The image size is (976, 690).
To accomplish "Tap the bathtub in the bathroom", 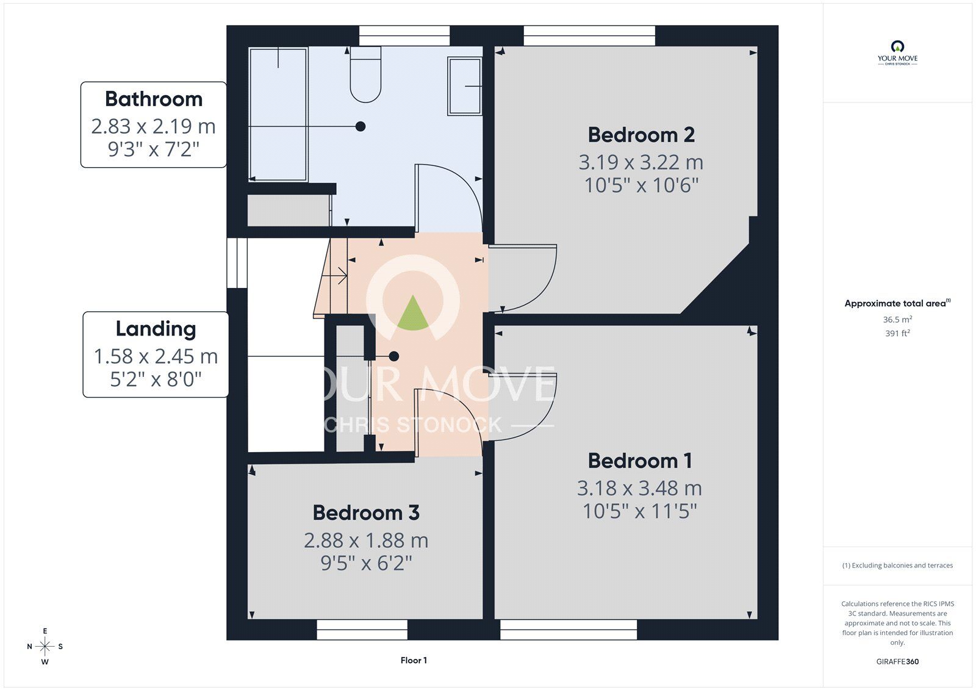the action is tap(278, 114).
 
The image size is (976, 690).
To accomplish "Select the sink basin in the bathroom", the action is tap(464, 86).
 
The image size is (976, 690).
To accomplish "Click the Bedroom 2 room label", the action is tap(641, 135).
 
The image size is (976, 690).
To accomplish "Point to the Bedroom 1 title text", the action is tap(640, 461).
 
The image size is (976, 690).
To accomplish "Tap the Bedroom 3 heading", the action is tap(366, 512).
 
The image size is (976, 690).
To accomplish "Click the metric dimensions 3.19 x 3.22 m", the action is tap(641, 162).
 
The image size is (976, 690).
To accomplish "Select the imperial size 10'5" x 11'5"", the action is tap(640, 511).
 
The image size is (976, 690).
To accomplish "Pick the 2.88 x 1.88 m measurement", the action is tap(366, 541).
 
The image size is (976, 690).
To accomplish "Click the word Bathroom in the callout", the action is tap(154, 99).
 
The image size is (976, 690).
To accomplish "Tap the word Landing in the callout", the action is tap(156, 329).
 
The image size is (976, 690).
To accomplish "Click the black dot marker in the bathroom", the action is tap(361, 126).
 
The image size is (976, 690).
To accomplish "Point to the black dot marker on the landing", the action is tap(394, 356).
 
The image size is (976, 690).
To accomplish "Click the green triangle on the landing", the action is tap(412, 313).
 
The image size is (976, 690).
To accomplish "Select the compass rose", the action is tap(45, 647).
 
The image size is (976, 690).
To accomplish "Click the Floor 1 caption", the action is tap(414, 660).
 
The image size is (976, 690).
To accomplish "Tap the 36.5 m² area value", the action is tap(897, 320).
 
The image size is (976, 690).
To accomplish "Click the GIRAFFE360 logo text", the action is tap(897, 662).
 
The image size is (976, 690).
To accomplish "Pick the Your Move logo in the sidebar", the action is tap(897, 52).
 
